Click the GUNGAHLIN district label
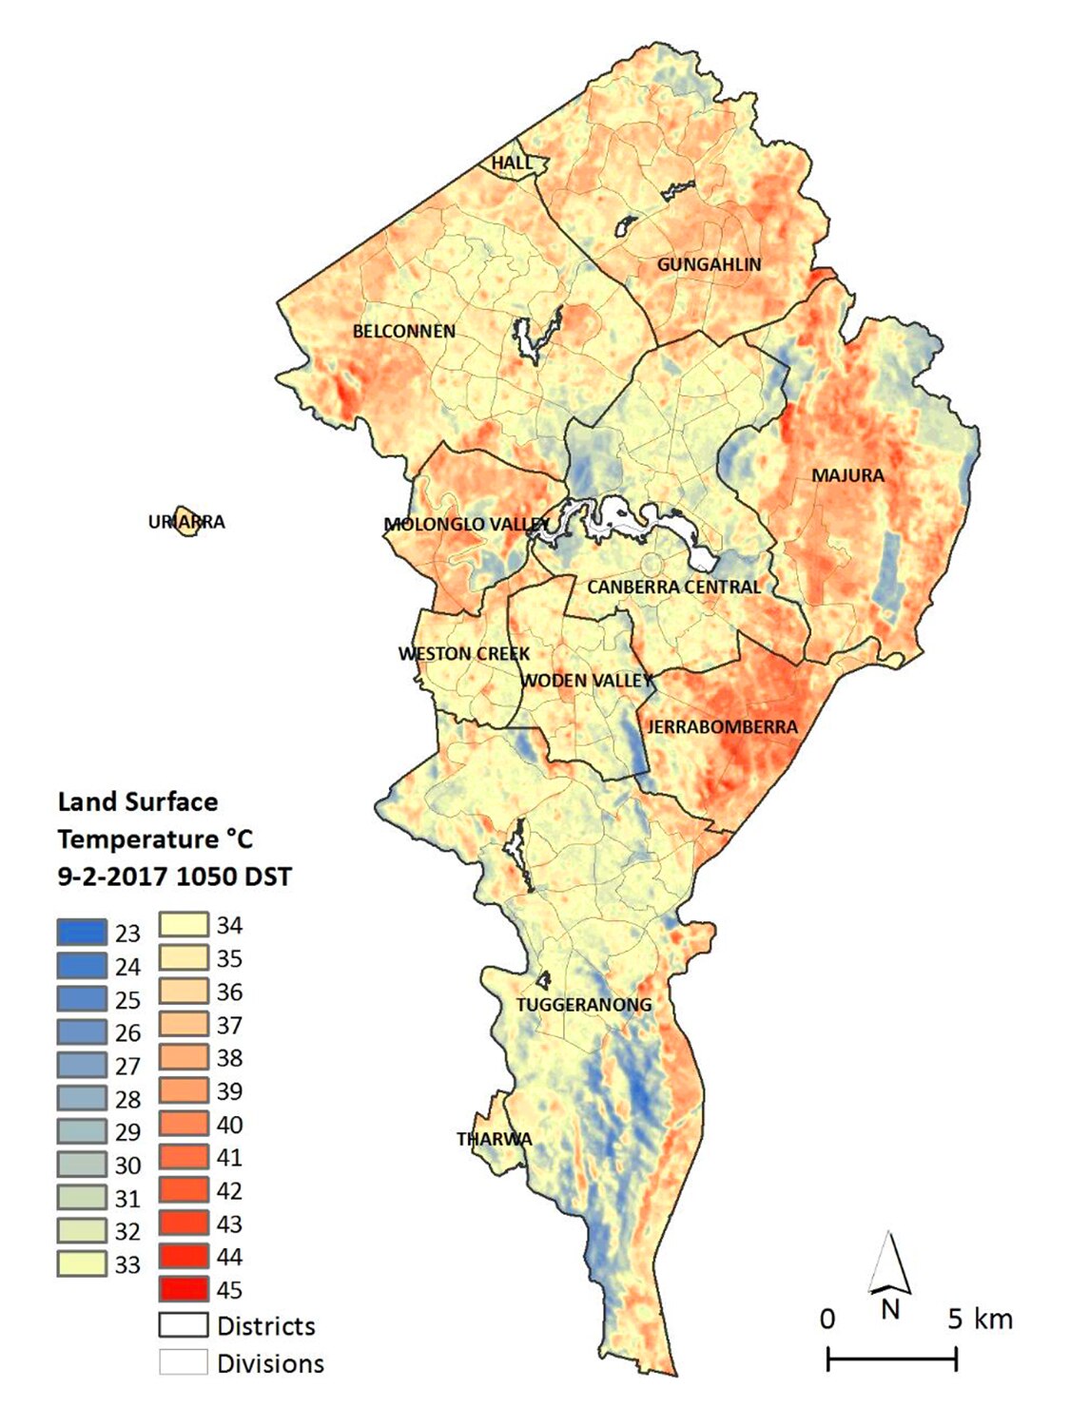(x=709, y=264)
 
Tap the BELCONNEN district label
(x=403, y=332)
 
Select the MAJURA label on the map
(x=847, y=475)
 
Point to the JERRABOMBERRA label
(x=722, y=727)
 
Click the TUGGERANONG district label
(x=584, y=1005)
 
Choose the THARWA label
(x=494, y=1139)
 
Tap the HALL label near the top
(x=512, y=164)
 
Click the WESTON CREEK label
(x=464, y=654)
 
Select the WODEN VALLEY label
(x=587, y=681)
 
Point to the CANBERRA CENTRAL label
(x=673, y=588)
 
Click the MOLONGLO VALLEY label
(x=466, y=524)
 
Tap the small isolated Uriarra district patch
(x=185, y=522)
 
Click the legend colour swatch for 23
(x=82, y=932)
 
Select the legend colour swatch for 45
(x=183, y=1289)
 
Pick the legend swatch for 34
(x=183, y=924)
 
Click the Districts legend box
(x=183, y=1325)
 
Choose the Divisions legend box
(x=183, y=1362)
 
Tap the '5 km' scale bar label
(x=980, y=1320)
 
